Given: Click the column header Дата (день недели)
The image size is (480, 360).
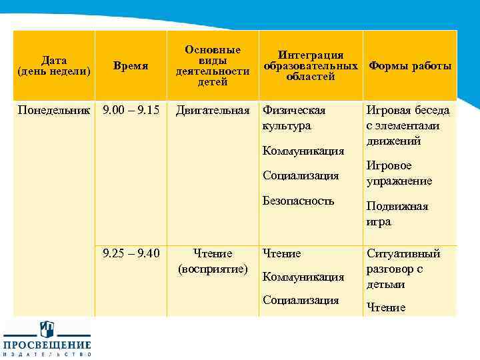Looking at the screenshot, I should tap(54, 65).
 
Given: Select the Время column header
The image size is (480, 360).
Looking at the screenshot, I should tap(131, 66).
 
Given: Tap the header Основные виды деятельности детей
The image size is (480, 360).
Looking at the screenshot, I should tap(213, 65).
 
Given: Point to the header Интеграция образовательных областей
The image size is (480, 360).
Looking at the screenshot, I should tap(311, 65).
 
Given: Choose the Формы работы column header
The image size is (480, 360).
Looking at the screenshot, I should tap(410, 66).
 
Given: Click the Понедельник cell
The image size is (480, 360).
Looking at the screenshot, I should tap(54, 109).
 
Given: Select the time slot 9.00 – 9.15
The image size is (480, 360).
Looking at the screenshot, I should tap(131, 109).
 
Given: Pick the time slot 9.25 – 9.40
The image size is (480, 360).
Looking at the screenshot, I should tap(131, 253).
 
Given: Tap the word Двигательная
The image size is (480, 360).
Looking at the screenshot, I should tap(213, 109).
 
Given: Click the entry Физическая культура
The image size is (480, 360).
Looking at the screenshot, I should tap(294, 117).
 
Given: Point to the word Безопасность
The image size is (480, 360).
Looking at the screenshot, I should tap(298, 200).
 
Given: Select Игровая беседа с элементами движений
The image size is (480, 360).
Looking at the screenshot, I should tap(408, 125).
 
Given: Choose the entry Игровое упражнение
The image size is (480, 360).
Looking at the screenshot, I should tap(399, 173).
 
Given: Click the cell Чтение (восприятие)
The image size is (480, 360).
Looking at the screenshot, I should tap(213, 261).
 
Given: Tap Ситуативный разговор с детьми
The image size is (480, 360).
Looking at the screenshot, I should tap(403, 269).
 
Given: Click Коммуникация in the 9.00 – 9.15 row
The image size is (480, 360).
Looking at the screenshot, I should tap(303, 151).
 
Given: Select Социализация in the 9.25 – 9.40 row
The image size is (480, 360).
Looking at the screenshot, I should tap(301, 299).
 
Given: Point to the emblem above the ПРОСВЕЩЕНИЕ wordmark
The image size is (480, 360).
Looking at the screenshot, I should tap(47, 328).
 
